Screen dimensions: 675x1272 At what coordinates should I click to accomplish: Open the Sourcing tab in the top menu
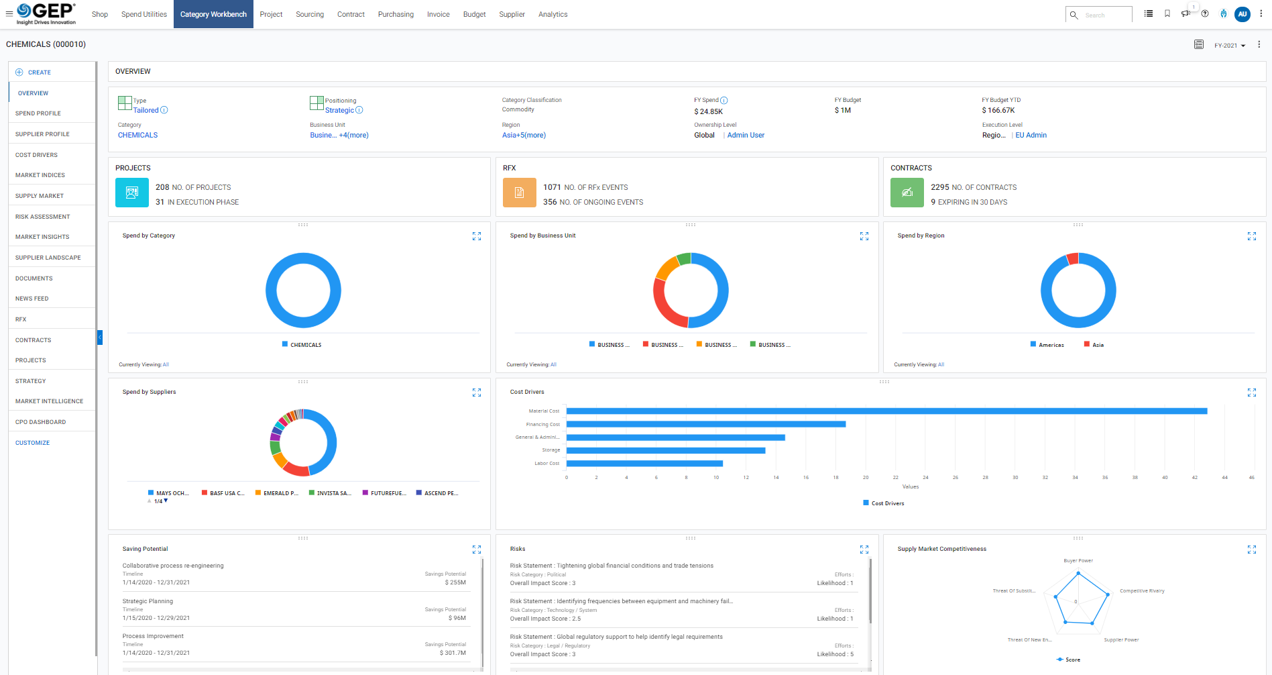309,14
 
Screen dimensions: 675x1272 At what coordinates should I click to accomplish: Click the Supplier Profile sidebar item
42,134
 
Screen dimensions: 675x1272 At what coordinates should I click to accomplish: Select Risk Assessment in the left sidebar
42,217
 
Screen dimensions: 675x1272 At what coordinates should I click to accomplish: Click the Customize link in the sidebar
32,443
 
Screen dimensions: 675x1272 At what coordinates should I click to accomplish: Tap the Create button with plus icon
34,72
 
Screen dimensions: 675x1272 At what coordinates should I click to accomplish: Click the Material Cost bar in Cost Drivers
885,411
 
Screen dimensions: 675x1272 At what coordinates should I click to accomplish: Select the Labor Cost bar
644,464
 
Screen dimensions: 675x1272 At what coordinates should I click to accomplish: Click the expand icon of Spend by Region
1251,236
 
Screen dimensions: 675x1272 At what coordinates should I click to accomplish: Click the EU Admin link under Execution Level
1031,136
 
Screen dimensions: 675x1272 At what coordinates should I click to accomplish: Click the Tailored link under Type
146,111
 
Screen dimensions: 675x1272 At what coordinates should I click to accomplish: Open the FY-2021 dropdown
1229,46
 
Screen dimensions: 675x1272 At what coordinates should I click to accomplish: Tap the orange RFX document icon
519,193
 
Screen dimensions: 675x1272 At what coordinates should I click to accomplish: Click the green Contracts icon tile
907,193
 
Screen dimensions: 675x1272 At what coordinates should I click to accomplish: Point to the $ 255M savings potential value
455,582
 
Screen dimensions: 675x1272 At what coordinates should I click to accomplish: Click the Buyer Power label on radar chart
1078,561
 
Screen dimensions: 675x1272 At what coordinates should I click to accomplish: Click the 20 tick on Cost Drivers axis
865,478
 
